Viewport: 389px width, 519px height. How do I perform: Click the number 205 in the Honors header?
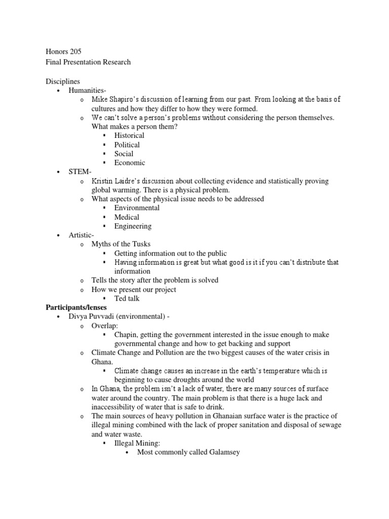pos(74,51)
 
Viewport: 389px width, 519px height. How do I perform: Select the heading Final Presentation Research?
pos(88,62)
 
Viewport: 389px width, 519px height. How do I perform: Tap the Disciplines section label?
pos(63,81)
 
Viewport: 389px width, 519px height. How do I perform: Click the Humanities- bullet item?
pos(87,90)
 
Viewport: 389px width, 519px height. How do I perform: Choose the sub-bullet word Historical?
pos(129,135)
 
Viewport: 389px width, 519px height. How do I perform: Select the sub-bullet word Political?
pos(127,144)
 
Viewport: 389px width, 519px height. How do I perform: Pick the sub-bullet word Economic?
pos(130,163)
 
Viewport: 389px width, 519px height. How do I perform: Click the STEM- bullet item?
pos(80,172)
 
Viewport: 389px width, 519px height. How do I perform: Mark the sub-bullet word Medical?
pos(127,217)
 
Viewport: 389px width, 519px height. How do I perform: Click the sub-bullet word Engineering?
pos(133,226)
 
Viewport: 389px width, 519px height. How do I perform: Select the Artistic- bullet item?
pos(82,235)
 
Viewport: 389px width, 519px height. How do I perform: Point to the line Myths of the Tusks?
pos(121,244)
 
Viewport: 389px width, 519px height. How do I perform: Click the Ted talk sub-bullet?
pos(127,299)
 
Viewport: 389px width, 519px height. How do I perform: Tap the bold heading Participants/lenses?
pos(76,308)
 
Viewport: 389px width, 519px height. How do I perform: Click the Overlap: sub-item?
pos(104,325)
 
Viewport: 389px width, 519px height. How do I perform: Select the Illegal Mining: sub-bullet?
pos(137,442)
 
